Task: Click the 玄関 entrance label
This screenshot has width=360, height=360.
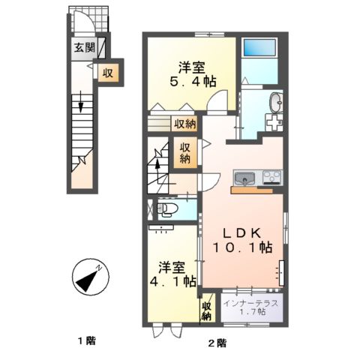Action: click(83, 49)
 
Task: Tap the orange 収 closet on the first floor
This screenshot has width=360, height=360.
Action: click(108, 73)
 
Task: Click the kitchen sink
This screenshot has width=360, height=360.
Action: click(244, 179)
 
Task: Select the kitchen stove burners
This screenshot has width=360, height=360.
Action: click(271, 178)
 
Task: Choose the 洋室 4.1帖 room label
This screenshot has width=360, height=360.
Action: click(174, 274)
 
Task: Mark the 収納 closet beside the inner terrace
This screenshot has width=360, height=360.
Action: click(206, 310)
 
